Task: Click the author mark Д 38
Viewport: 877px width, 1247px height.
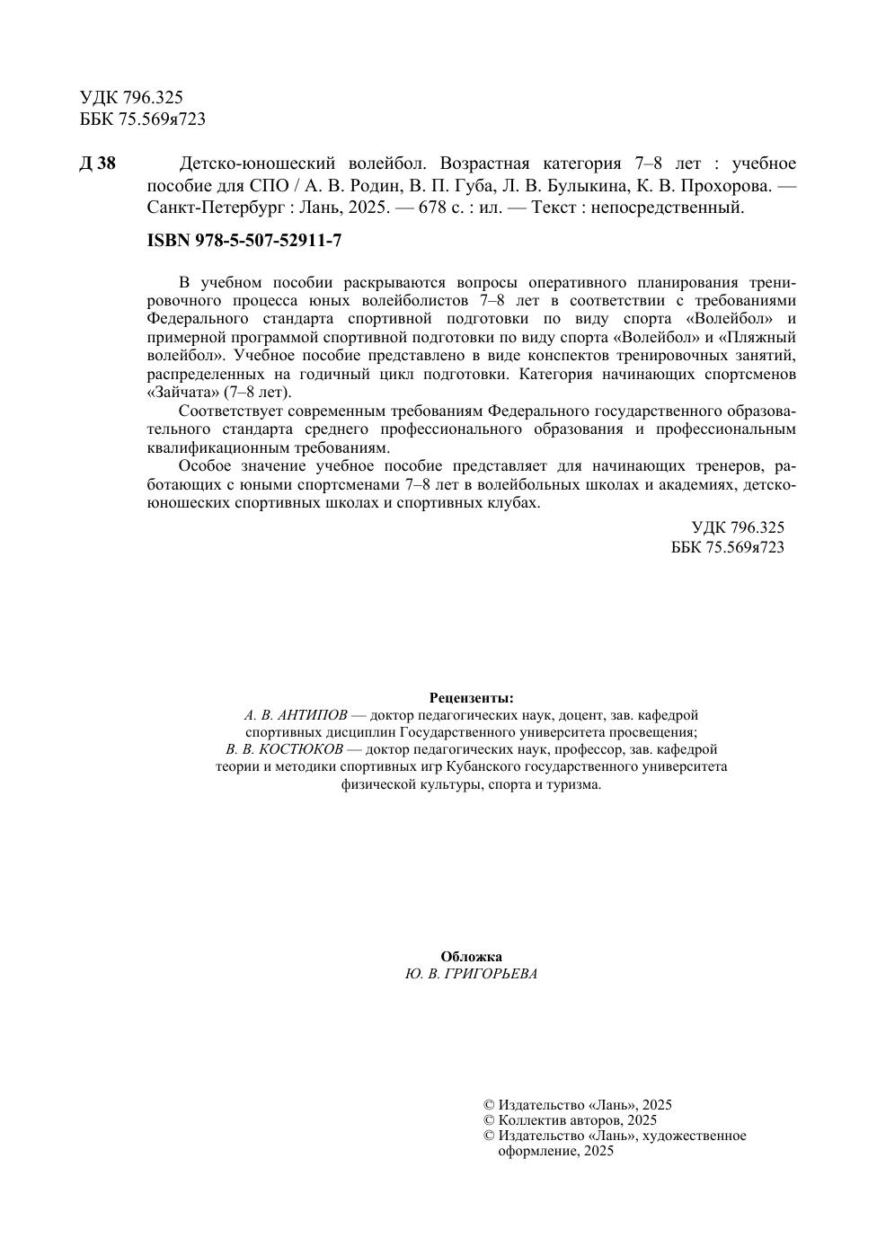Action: point(97,164)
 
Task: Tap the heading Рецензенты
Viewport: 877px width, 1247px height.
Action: point(471,698)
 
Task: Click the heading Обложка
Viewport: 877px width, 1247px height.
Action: point(471,957)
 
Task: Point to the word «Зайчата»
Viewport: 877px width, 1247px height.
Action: point(182,393)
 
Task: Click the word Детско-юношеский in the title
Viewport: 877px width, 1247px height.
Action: point(244,164)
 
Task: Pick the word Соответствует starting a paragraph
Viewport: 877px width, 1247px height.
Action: point(234,411)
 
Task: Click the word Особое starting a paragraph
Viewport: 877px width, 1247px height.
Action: point(206,466)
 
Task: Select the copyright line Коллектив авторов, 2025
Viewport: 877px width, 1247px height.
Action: point(577,1120)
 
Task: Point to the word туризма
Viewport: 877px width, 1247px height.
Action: point(573,784)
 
